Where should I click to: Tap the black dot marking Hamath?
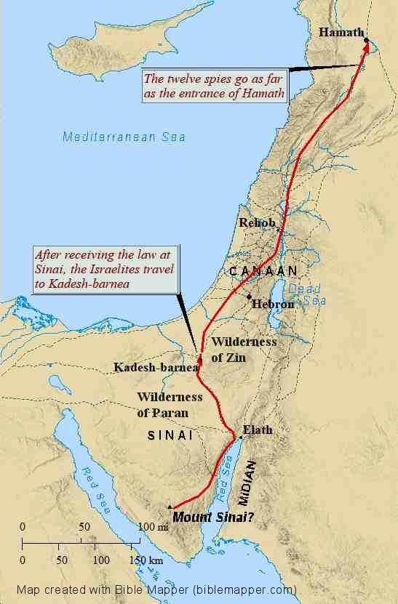(367, 40)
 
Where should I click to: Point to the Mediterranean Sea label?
(124, 137)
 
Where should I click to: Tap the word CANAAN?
(263, 271)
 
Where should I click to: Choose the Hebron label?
(272, 305)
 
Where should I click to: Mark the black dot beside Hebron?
(250, 297)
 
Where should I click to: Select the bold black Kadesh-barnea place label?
(156, 368)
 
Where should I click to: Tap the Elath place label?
(257, 430)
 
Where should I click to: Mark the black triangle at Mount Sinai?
(170, 507)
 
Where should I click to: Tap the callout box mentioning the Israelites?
(108, 269)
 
